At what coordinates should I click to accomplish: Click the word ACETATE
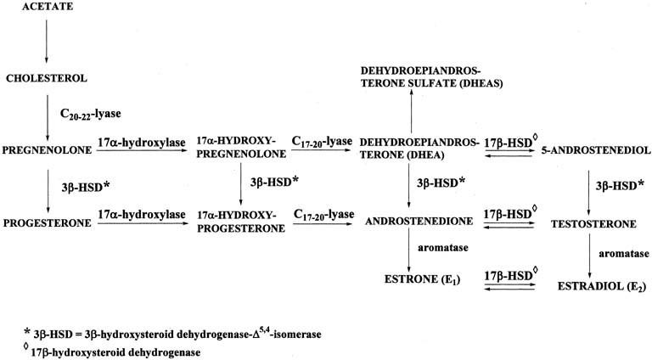[48, 7]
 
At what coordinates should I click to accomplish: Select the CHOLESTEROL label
[47, 78]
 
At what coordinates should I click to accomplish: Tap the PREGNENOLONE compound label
[47, 150]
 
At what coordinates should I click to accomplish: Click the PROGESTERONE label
[47, 223]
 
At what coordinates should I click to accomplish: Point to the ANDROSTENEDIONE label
[419, 221]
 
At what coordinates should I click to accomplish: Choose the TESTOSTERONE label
[593, 224]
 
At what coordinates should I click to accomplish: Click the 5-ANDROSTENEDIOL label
[596, 150]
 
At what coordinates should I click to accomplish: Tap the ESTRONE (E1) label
[422, 279]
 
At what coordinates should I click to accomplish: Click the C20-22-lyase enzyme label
[90, 115]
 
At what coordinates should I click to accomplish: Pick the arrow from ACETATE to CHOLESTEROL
[46, 41]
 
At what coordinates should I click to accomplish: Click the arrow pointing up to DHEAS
[411, 111]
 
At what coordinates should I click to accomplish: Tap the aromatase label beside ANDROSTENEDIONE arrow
[443, 248]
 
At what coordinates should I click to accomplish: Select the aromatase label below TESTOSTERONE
[624, 254]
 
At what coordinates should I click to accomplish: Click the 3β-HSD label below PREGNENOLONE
[86, 188]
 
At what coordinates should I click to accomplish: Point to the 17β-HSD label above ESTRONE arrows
[511, 275]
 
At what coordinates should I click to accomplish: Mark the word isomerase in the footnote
[301, 335]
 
